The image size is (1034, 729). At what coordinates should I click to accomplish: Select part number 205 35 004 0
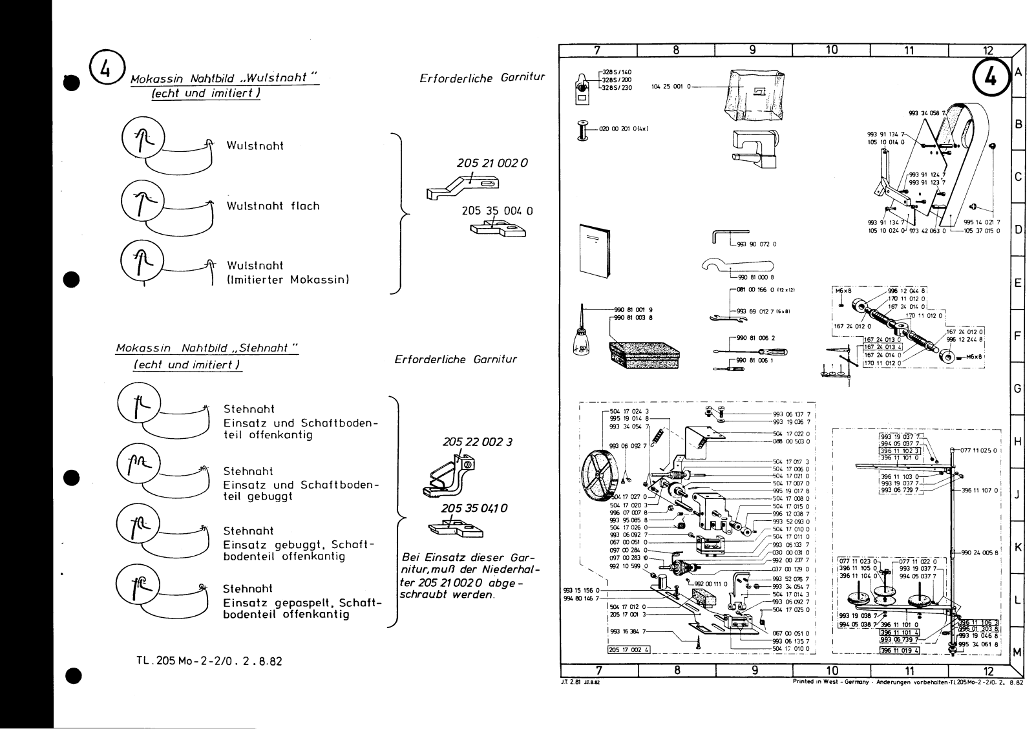498,211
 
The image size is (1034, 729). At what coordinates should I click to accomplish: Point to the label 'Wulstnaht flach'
273,206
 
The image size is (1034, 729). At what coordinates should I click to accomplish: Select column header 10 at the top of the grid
831,50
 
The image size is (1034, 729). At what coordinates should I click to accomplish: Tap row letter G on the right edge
1017,388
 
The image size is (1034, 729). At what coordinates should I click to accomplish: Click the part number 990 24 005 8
980,553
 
